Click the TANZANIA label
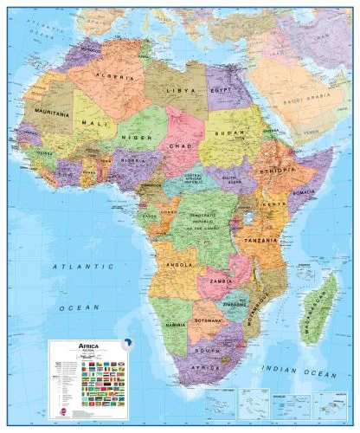pos(260,239)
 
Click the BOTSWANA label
pos(210,317)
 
